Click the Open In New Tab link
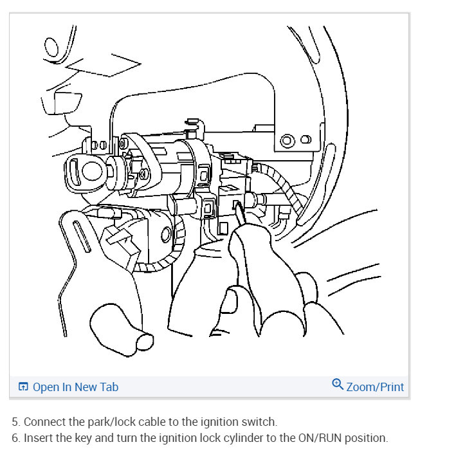coord(75,387)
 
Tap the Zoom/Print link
coord(375,387)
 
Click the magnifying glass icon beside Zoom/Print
coord(338,385)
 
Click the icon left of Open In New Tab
coord(24,387)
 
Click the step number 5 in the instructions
coord(15,422)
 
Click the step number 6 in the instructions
coord(15,438)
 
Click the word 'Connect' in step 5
coord(46,422)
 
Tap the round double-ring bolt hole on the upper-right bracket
coord(287,140)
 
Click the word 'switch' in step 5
coord(260,422)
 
